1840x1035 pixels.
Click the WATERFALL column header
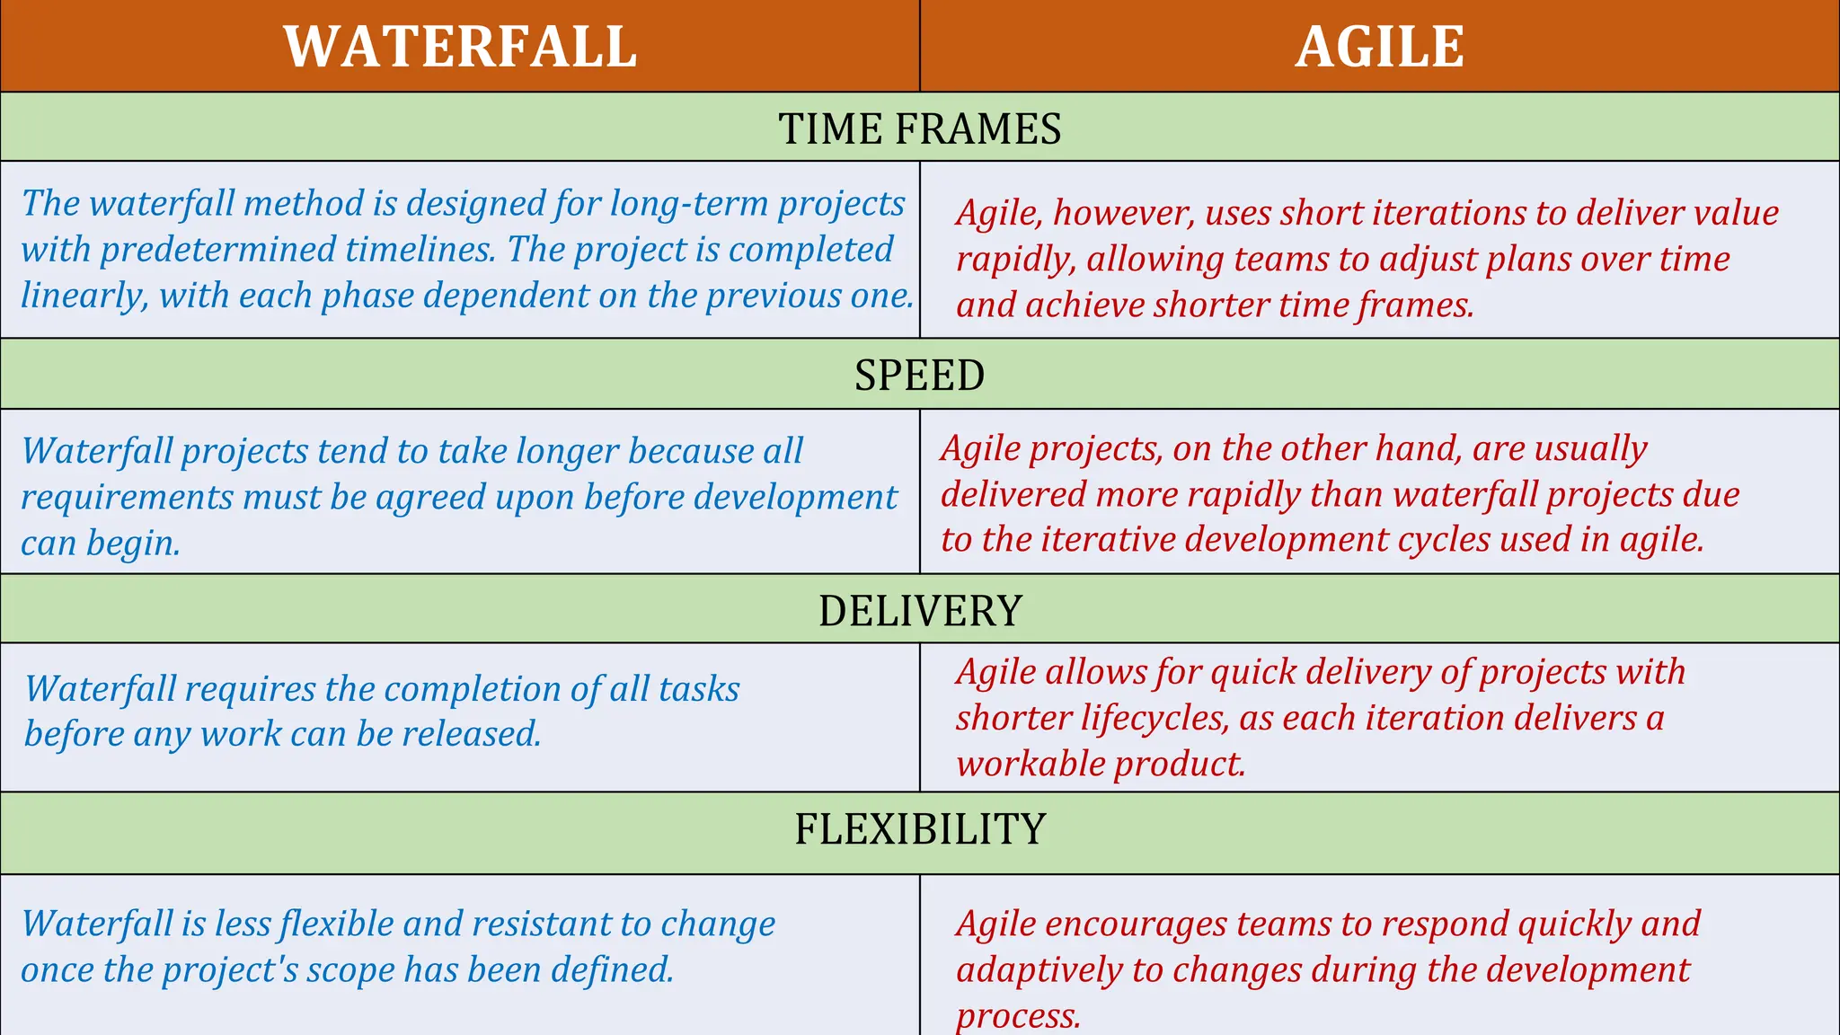pos(460,47)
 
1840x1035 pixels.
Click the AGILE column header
pos(1379,47)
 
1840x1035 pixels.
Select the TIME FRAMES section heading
pos(919,128)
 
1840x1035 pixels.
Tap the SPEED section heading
pos(919,375)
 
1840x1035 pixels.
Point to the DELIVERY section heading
pos(920,611)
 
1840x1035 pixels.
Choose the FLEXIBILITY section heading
pos(920,828)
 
